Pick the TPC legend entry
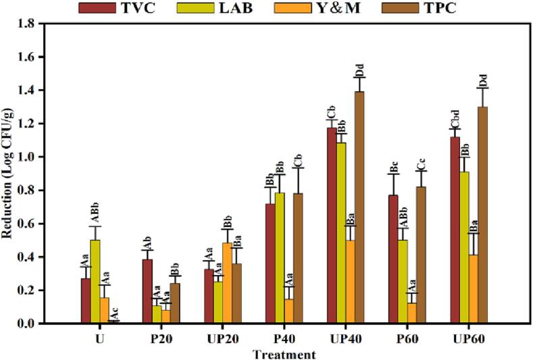[x=476, y=7]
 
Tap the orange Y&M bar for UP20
[x=227, y=283]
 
